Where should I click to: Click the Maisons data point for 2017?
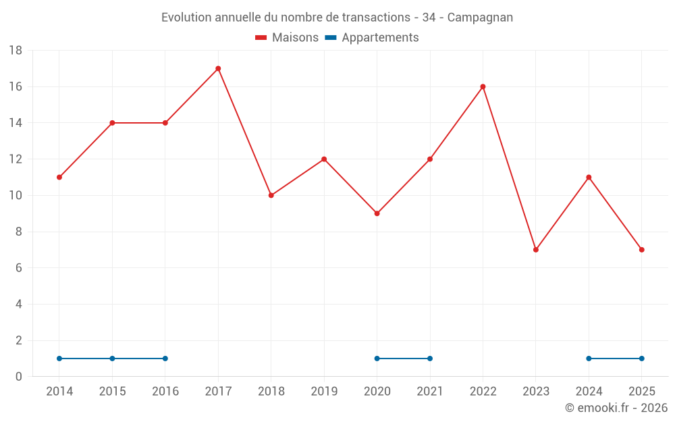(218, 68)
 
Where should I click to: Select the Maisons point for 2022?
(483, 86)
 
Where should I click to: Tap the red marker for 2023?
(536, 250)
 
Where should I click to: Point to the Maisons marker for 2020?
(377, 213)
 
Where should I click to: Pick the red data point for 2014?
(59, 177)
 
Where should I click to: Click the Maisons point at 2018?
(271, 195)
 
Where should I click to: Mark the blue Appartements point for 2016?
(165, 359)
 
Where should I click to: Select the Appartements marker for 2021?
(430, 359)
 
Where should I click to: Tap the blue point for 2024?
(589, 359)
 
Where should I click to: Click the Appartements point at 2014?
(59, 359)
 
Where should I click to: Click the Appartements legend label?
(380, 38)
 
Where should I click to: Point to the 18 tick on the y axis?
(16, 51)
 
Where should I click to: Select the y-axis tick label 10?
(16, 196)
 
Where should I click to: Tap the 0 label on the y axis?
(19, 377)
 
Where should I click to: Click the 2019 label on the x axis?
(324, 392)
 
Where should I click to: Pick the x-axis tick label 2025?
(641, 392)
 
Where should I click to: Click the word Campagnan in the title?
(480, 18)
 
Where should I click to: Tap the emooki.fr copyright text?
(616, 408)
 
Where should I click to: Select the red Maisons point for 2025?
(641, 250)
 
